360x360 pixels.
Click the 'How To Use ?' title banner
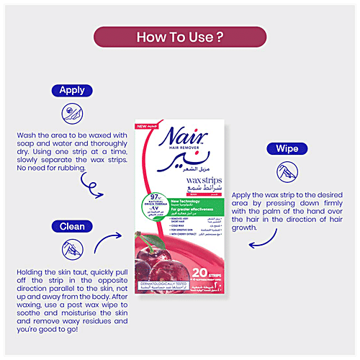click(x=180, y=37)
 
